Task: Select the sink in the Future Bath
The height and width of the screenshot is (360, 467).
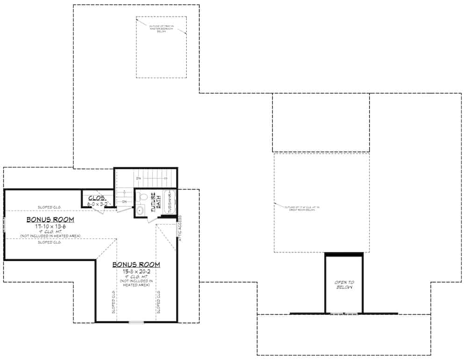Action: coord(140,211)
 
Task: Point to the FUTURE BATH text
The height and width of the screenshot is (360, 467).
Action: coord(156,202)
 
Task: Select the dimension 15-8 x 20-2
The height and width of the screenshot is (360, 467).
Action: coord(135,272)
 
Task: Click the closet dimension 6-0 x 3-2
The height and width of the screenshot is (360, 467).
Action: coord(98,204)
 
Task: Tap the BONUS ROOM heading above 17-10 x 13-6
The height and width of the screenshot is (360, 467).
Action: coord(50,219)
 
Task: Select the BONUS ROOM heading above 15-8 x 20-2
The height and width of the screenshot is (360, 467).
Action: coord(136,265)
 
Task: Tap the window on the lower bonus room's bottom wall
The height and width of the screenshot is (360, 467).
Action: coord(136,322)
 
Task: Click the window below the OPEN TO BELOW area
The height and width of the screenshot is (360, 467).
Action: coord(344,314)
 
